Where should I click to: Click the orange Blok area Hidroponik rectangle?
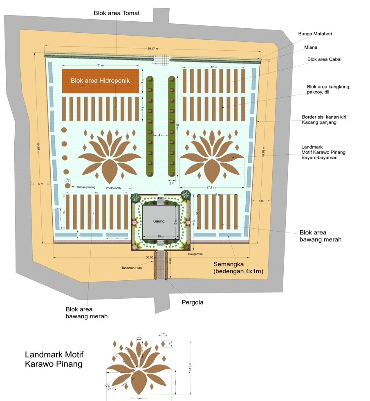(x=100, y=81)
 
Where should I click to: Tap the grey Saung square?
(x=159, y=221)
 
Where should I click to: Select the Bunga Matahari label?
(x=314, y=34)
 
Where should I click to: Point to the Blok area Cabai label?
(x=324, y=59)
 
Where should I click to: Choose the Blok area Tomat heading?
(x=117, y=13)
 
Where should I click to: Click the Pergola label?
(x=192, y=302)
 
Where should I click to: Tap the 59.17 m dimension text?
(x=153, y=49)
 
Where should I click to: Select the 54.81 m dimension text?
(x=38, y=147)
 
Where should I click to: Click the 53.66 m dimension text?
(x=151, y=257)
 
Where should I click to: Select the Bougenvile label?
(x=196, y=254)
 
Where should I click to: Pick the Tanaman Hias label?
(x=132, y=268)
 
